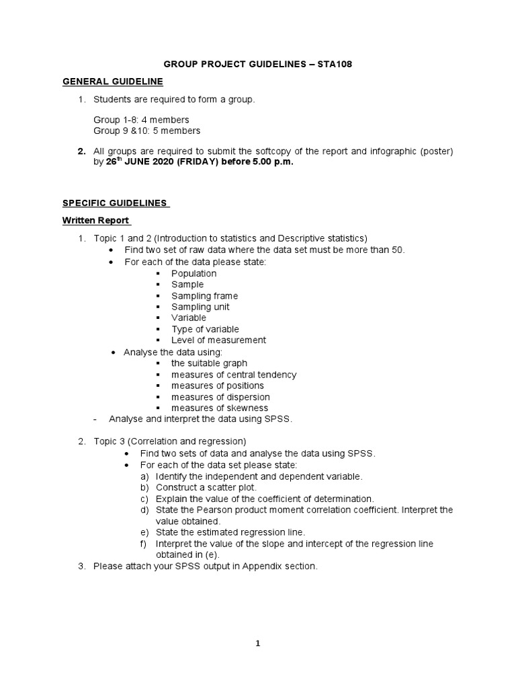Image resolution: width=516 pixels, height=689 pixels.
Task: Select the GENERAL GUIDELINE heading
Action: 113,81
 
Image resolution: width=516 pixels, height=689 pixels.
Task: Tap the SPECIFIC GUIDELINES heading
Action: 116,203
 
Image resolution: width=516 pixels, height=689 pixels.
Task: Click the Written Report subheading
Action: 97,221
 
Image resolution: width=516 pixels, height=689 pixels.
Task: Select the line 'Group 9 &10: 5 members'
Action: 146,131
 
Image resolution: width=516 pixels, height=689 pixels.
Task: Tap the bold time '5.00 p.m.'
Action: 272,163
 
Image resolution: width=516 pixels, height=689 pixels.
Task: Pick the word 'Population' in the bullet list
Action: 193,274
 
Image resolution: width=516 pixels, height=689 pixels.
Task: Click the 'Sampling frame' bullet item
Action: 204,296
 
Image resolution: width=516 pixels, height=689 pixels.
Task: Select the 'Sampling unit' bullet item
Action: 200,307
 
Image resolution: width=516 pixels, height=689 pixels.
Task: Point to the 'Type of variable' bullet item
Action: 205,329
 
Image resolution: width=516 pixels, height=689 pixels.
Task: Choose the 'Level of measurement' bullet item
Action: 218,340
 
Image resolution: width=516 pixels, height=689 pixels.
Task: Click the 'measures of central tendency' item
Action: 233,375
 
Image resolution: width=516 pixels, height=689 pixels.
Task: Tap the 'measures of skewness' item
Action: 219,408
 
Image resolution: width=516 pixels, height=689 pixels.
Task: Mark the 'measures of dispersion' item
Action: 220,397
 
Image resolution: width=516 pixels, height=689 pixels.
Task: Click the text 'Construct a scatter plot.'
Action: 206,487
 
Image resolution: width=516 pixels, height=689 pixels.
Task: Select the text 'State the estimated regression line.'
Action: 230,532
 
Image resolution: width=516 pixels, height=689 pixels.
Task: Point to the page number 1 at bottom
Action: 258,643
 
